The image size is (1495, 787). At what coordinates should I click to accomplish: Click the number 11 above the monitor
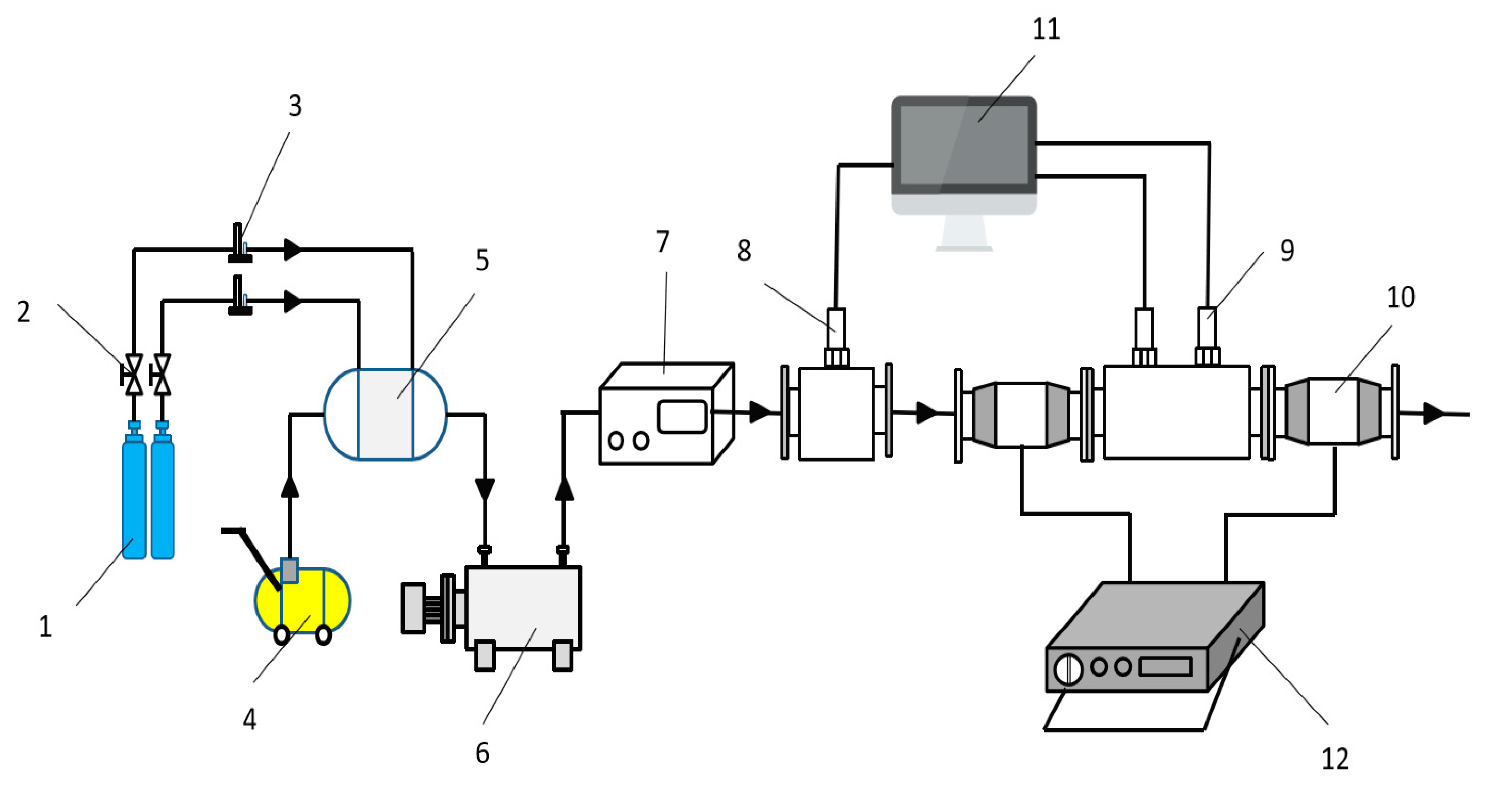[1046, 29]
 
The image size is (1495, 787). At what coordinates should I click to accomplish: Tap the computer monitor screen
[964, 145]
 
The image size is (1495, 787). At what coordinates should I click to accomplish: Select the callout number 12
[1335, 759]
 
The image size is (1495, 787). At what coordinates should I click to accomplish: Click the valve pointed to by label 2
[134, 374]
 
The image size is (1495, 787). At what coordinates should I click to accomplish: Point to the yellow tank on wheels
[302, 600]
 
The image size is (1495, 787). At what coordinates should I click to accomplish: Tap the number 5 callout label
[483, 260]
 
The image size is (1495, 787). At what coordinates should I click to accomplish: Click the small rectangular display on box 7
[682, 416]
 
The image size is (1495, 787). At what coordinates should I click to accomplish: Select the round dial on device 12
[1068, 669]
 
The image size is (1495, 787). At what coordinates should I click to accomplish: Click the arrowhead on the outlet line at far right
[1434, 414]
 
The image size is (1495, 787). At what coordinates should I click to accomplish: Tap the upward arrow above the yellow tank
[290, 486]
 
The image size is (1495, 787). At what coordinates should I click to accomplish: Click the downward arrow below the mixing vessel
[485, 488]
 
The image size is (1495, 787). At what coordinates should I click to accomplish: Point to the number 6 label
[483, 753]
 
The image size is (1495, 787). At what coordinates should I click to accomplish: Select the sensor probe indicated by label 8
[837, 327]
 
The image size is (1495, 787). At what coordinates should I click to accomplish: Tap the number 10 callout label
[1401, 298]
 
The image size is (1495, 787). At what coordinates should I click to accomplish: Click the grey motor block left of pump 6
[413, 608]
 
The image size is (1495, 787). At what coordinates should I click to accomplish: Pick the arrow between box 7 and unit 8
[760, 412]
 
